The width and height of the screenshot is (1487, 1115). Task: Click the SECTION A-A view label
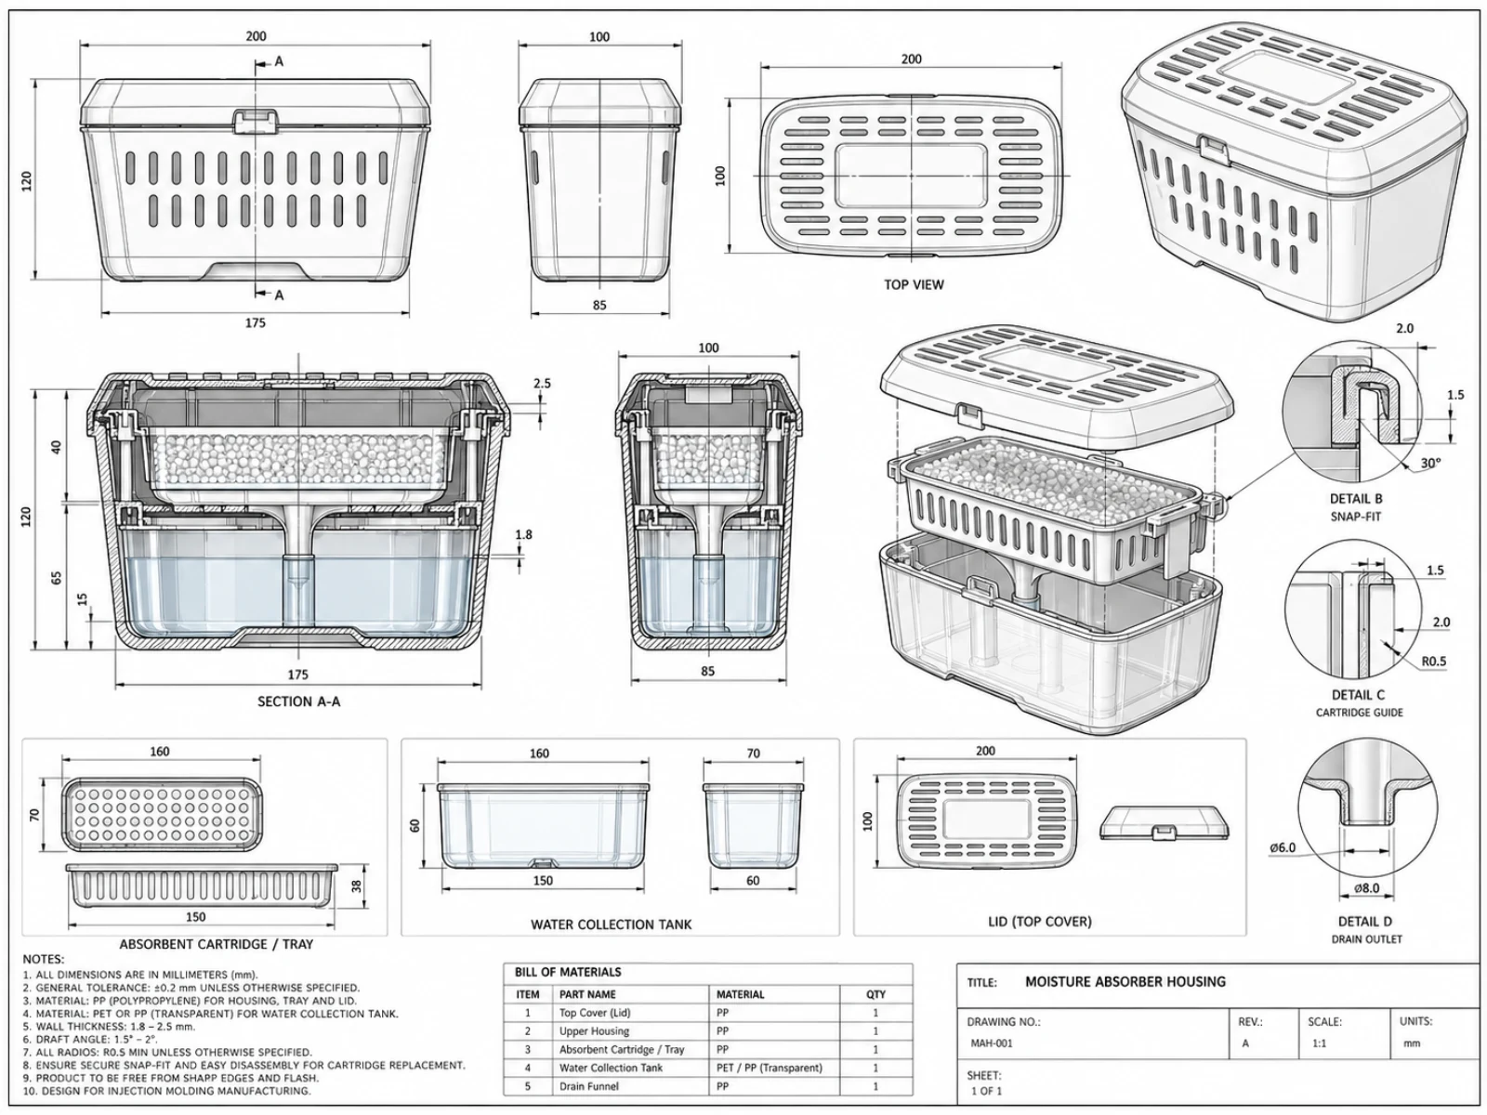click(298, 702)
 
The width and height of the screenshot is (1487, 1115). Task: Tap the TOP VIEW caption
click(914, 284)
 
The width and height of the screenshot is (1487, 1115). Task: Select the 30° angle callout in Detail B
click(1430, 463)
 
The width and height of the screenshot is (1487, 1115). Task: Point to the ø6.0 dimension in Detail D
click(1283, 847)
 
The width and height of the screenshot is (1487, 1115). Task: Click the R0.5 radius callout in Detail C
click(1433, 661)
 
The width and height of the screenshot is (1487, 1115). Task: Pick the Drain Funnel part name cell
click(588, 1086)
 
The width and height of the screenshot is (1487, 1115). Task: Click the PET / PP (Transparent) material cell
click(769, 1068)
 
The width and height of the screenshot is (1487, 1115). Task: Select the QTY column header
click(875, 994)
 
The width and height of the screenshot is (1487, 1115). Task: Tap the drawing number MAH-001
click(991, 1043)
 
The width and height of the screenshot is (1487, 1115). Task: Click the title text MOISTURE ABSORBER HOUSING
click(1125, 981)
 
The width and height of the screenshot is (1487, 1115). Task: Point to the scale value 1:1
click(1319, 1043)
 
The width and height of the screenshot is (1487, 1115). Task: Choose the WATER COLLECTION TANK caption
click(611, 925)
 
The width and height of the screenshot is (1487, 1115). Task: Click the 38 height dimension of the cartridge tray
click(357, 886)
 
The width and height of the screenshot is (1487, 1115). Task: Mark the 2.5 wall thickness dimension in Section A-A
click(542, 383)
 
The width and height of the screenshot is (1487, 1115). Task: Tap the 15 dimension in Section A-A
click(83, 599)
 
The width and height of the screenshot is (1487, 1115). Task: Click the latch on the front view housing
click(257, 120)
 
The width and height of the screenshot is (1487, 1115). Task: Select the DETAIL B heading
click(1356, 499)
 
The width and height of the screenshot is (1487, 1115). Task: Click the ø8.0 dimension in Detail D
click(1366, 888)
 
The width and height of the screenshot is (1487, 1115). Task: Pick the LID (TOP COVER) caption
click(1040, 922)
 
